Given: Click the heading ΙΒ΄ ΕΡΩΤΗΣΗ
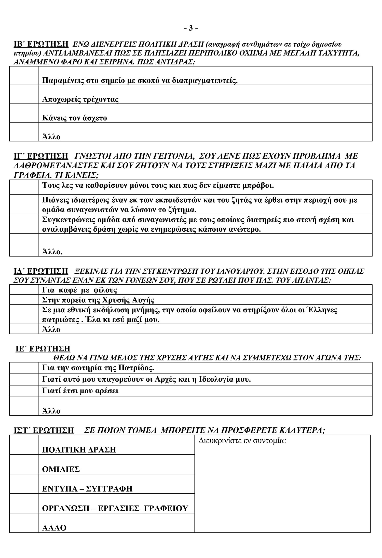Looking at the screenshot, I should pyautogui.click(x=41, y=44).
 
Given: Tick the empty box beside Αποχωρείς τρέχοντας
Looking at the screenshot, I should pyautogui.click(x=24, y=94).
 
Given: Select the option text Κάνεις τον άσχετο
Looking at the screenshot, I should pyautogui.click(x=74, y=118).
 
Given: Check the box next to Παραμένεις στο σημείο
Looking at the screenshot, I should pyautogui.click(x=24, y=76).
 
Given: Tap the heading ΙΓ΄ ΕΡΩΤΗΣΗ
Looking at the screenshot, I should pyautogui.click(x=41, y=156).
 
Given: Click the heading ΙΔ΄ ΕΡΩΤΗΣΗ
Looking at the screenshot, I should pyautogui.click(x=41, y=271).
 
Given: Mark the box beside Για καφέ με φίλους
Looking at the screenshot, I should pyautogui.click(x=24, y=290).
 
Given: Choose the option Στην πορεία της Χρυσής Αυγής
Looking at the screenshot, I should pyautogui.click(x=98, y=300).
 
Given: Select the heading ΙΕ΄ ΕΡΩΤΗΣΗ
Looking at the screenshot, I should pyautogui.click(x=43, y=348).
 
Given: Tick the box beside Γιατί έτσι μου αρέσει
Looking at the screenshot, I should pyautogui.click(x=24, y=391).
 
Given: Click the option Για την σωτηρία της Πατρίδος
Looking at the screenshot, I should pyautogui.click(x=98, y=368).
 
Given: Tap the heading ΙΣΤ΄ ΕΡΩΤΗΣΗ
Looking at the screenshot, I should pyautogui.click(x=44, y=430).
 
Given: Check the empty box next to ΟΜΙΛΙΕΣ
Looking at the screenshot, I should pyautogui.click(x=24, y=464).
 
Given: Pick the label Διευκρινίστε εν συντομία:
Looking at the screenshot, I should pyautogui.click(x=242, y=441).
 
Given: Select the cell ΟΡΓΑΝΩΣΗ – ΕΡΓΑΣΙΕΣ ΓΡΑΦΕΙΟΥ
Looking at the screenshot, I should pyautogui.click(x=115, y=508).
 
